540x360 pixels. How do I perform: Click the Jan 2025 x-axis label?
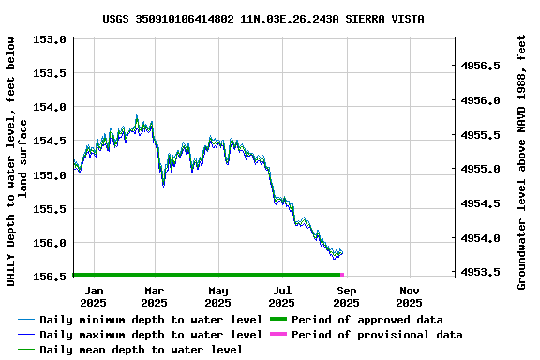93,296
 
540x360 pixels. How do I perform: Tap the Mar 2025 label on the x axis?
154,296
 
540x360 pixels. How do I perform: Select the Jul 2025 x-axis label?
281,296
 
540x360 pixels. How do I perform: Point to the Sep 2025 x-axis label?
346,296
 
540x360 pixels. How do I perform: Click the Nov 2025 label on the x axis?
409,296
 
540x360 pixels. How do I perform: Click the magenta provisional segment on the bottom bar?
342,275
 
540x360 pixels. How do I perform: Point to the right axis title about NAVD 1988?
522,161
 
